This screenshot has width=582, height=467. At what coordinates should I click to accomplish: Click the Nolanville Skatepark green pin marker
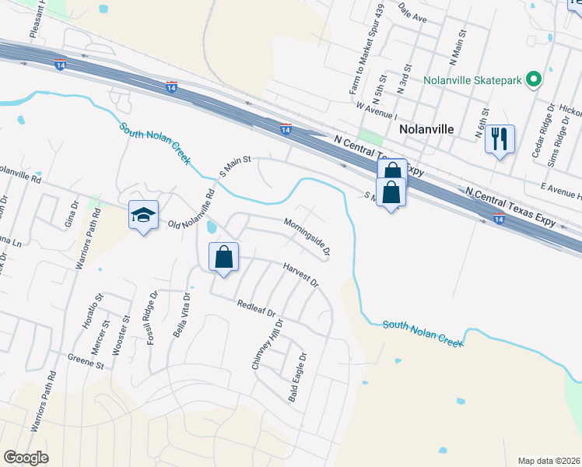534,80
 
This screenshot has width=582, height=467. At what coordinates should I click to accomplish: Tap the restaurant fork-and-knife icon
499,139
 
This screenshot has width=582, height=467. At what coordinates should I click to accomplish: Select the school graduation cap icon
143,215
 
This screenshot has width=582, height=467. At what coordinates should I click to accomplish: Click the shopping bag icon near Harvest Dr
223,256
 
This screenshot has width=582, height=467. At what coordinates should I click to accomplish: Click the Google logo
26,458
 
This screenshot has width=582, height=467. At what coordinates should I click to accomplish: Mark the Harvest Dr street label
301,274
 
